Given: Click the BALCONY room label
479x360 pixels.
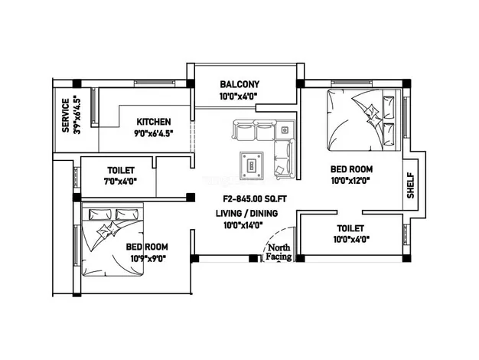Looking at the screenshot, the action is pyautogui.click(x=239, y=84).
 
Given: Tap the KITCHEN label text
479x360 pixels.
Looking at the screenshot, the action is pyautogui.click(x=154, y=122).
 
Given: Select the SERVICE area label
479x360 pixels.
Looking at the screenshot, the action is pyautogui.click(x=65, y=116).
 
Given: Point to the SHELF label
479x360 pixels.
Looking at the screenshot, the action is pyautogui.click(x=411, y=185).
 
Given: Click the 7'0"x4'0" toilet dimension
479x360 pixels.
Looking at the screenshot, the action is pyautogui.click(x=120, y=182).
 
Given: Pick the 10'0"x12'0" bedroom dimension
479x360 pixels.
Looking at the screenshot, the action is pyautogui.click(x=350, y=181).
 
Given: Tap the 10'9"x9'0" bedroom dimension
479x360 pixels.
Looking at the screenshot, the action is pyautogui.click(x=148, y=259).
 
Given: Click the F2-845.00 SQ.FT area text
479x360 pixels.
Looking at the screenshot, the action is pyautogui.click(x=255, y=199).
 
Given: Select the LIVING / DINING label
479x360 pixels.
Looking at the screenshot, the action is pyautogui.click(x=247, y=213).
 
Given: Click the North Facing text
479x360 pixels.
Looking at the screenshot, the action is pyautogui.click(x=279, y=252).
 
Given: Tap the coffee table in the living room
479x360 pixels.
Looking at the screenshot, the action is pyautogui.click(x=252, y=165).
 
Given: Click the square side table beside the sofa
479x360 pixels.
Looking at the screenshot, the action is pyautogui.click(x=285, y=130).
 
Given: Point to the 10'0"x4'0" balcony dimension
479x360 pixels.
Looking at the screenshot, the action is pyautogui.click(x=238, y=97).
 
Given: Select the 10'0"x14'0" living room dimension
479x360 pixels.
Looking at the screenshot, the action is pyautogui.click(x=243, y=225).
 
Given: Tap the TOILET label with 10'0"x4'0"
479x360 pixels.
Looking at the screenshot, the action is pyautogui.click(x=350, y=228).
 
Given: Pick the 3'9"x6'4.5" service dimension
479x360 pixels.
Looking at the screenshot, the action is pyautogui.click(x=77, y=116).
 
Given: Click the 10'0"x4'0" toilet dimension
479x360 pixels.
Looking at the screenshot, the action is pyautogui.click(x=351, y=239).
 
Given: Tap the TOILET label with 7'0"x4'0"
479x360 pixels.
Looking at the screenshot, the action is pyautogui.click(x=121, y=170).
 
